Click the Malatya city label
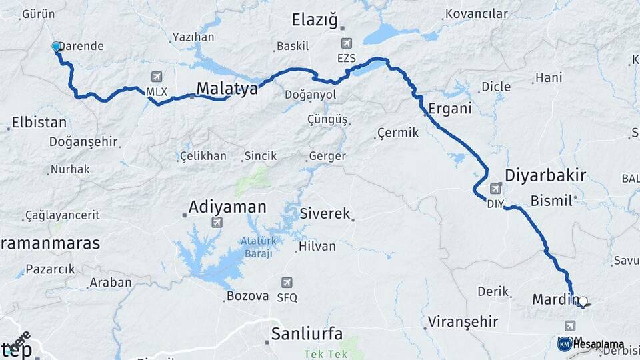click(227, 89)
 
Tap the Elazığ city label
click(315, 20)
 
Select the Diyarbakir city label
click(545, 176)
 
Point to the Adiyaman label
click(227, 207)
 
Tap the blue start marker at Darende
click(56, 47)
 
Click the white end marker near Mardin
click(583, 301)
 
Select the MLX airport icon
click(157, 77)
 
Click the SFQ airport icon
click(287, 283)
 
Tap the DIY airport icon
click(496, 189)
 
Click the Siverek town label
click(325, 215)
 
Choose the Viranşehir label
click(463, 321)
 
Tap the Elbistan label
click(39, 123)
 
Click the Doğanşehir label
click(83, 141)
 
